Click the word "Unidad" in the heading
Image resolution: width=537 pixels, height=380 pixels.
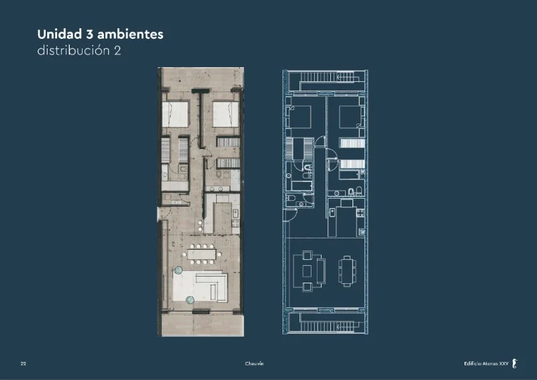pyautogui.click(x=60, y=34)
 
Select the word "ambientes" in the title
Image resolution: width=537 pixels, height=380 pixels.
pyautogui.click(x=130, y=34)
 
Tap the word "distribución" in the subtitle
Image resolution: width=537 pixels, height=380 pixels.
pyautogui.click(x=73, y=50)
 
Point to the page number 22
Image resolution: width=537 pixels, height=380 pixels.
pyautogui.click(x=23, y=364)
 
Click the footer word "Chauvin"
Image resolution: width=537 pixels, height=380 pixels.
pyautogui.click(x=254, y=364)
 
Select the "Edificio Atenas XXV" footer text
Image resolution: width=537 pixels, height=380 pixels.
pyautogui.click(x=486, y=364)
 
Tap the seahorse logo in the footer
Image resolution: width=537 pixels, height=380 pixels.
pyautogui.click(x=514, y=364)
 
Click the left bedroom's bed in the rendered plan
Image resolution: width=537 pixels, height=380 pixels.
pyautogui.click(x=175, y=114)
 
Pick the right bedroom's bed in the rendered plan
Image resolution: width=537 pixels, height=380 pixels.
pyautogui.click(x=226, y=114)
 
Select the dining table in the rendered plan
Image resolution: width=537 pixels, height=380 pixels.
pyautogui.click(x=202, y=254)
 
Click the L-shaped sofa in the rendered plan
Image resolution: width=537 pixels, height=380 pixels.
pyautogui.click(x=211, y=285)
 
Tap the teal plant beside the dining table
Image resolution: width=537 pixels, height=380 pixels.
pyautogui.click(x=178, y=271)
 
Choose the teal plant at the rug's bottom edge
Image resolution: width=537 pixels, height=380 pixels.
pyautogui.click(x=190, y=300)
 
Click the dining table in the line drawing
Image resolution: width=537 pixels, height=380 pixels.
pyautogui.click(x=347, y=271)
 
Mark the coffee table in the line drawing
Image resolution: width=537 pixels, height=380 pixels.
pyautogui.click(x=307, y=271)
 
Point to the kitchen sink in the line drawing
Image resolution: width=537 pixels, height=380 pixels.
pyautogui.click(x=332, y=212)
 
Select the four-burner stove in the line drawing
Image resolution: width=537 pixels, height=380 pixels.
pyautogui.click(x=360, y=213)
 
